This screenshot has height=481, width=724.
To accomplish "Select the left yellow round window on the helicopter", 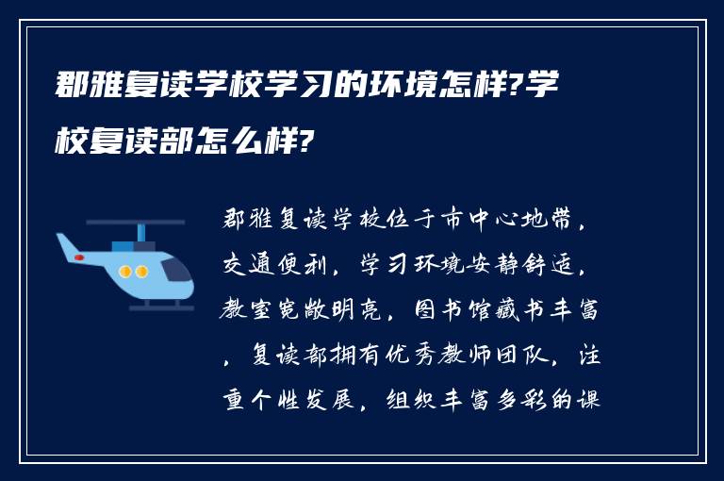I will (125, 272).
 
